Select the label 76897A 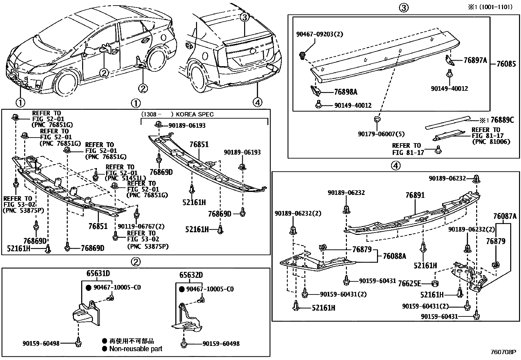[475, 60]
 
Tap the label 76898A [346, 92]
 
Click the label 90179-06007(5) [381, 134]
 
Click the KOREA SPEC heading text [195, 114]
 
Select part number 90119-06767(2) [141, 226]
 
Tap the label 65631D [98, 274]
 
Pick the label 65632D [191, 275]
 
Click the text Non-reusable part [135, 349]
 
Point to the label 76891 [415, 195]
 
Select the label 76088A [394, 256]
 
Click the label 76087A [505, 216]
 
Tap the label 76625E [409, 284]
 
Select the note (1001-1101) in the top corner [496, 7]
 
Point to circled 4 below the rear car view [258, 102]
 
